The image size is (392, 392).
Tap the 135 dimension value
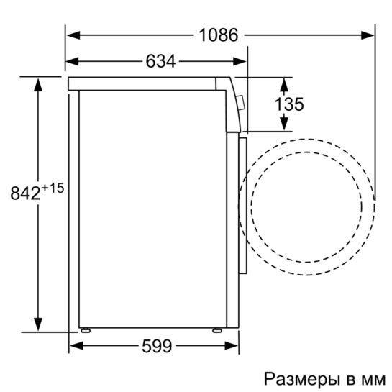point(289,104)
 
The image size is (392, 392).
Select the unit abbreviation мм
point(370,378)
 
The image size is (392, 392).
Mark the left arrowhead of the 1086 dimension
point(72,35)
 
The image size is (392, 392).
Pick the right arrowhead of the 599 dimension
point(232,347)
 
